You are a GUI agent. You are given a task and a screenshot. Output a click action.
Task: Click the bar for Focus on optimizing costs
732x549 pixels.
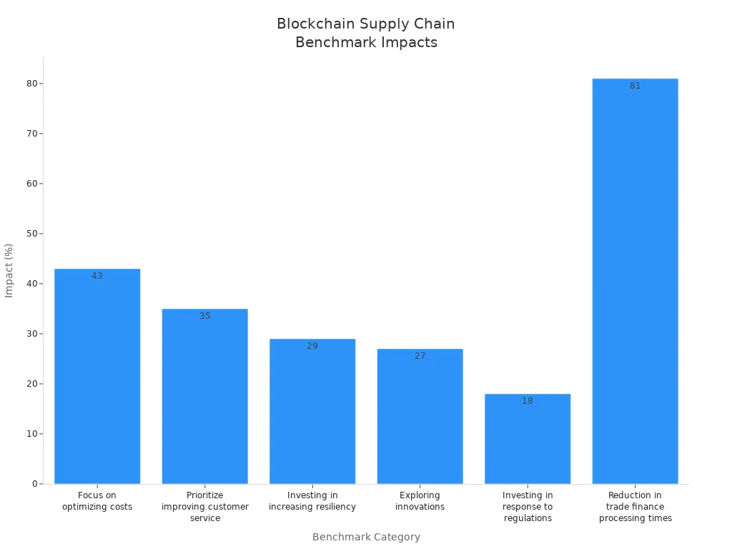(97, 379)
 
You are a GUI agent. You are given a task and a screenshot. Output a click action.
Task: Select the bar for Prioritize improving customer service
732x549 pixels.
(205, 400)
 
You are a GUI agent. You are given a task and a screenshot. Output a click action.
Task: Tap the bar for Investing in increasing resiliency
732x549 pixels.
(312, 415)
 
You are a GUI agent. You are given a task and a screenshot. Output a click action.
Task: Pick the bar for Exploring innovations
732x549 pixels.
(420, 422)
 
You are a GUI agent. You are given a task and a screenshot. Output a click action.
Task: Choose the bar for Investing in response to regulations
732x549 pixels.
(528, 443)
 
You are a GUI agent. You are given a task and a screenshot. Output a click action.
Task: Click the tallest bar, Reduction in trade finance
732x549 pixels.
(635, 286)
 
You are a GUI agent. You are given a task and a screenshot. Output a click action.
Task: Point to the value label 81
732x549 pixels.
(635, 86)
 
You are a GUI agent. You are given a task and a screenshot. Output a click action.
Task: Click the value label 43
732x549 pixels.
(97, 276)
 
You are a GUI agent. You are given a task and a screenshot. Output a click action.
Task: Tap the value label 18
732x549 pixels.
(528, 401)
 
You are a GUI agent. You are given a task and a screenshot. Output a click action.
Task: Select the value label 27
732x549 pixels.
(420, 356)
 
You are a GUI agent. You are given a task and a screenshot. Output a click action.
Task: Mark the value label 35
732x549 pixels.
(205, 316)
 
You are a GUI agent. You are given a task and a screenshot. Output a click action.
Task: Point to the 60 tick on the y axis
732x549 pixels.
(32, 184)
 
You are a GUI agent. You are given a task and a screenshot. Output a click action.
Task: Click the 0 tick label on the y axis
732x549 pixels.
(34, 484)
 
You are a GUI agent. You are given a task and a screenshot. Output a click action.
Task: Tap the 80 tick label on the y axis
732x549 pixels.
(32, 84)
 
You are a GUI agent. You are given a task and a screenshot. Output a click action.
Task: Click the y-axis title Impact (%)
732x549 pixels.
(9, 270)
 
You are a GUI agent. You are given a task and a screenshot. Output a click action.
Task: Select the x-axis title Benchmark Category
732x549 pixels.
(366, 537)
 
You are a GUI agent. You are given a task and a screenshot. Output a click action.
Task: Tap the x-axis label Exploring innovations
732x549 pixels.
(420, 501)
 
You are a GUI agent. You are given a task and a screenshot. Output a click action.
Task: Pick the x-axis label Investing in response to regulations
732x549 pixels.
(528, 506)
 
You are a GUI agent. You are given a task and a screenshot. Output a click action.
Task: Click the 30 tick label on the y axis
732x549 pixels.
(32, 334)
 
